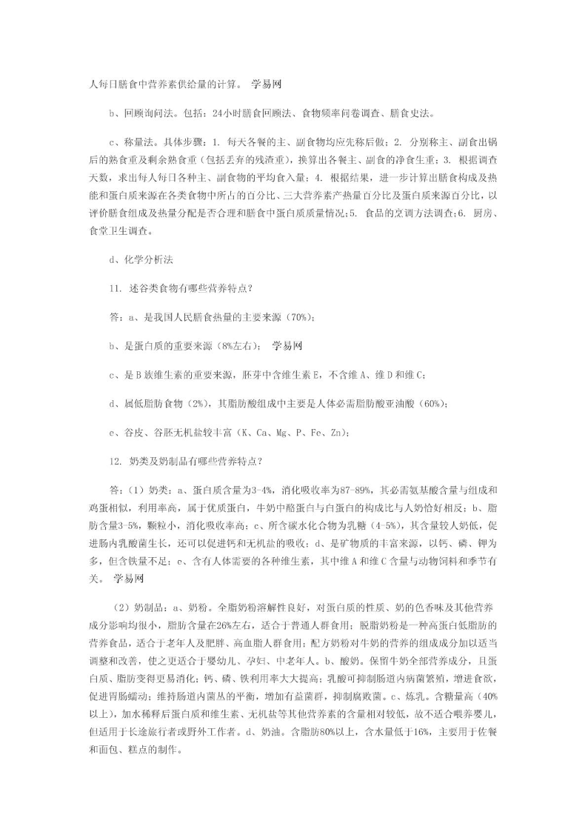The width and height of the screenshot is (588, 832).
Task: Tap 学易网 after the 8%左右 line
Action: [x=285, y=346]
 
